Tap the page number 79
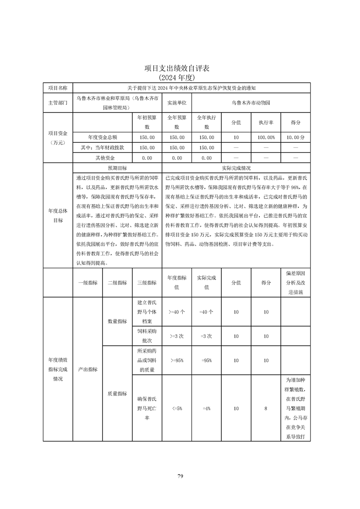click(180, 476)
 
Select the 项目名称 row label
click(58, 88)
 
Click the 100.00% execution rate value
click(266, 137)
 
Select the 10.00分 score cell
click(296, 137)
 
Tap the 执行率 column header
click(266, 122)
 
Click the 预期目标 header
click(117, 167)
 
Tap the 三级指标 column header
click(146, 283)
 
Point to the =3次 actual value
click(206, 337)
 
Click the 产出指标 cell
click(88, 369)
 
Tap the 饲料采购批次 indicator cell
click(146, 337)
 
